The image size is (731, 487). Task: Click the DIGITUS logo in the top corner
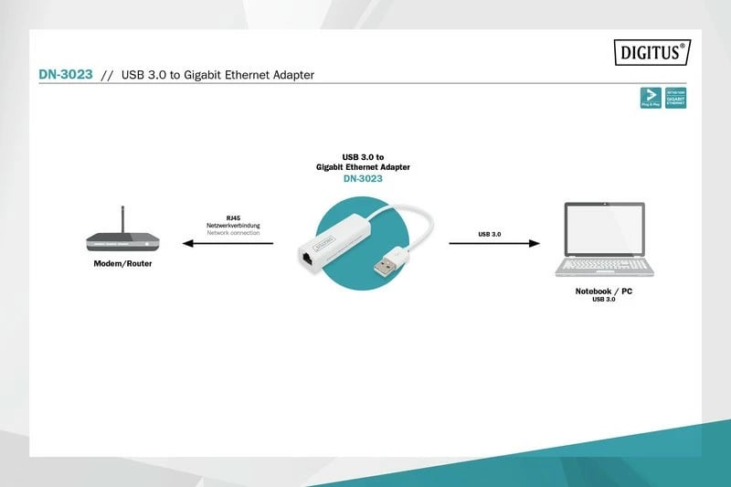(x=650, y=53)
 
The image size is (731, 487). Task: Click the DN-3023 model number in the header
(x=65, y=75)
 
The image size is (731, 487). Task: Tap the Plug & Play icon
(x=651, y=99)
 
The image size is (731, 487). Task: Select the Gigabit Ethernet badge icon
(x=676, y=99)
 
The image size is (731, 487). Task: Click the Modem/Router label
(x=122, y=263)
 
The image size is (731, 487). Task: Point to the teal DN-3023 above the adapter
(x=362, y=179)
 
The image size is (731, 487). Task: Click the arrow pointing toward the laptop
(x=493, y=243)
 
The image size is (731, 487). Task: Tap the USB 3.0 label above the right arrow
(x=490, y=234)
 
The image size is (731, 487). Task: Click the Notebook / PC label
(x=603, y=291)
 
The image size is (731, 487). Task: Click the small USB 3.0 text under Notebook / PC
(x=603, y=300)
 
